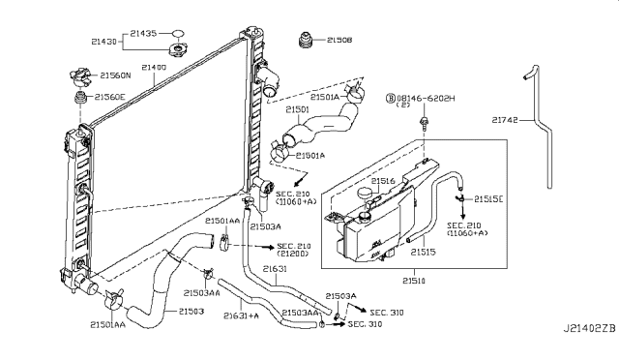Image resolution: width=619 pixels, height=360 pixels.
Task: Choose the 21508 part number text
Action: [x=339, y=40]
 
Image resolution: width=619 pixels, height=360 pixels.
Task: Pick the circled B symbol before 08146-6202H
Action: [x=391, y=97]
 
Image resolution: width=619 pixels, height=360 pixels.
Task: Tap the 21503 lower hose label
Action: [x=192, y=312]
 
